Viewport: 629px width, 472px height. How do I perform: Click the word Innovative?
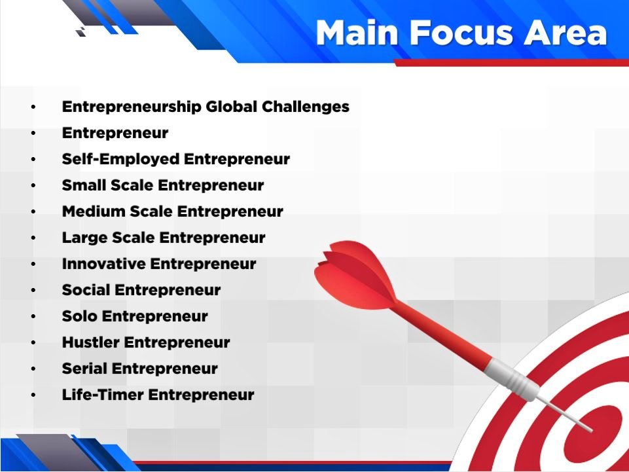103,264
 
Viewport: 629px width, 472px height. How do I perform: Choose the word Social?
86,290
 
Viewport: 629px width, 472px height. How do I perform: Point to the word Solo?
80,316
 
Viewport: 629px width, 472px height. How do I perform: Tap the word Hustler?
91,342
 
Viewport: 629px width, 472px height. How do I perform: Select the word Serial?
84,369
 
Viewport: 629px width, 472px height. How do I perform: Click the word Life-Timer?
103,395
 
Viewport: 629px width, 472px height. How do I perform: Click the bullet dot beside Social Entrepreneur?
33,290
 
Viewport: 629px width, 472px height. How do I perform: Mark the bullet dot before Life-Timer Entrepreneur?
33,395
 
